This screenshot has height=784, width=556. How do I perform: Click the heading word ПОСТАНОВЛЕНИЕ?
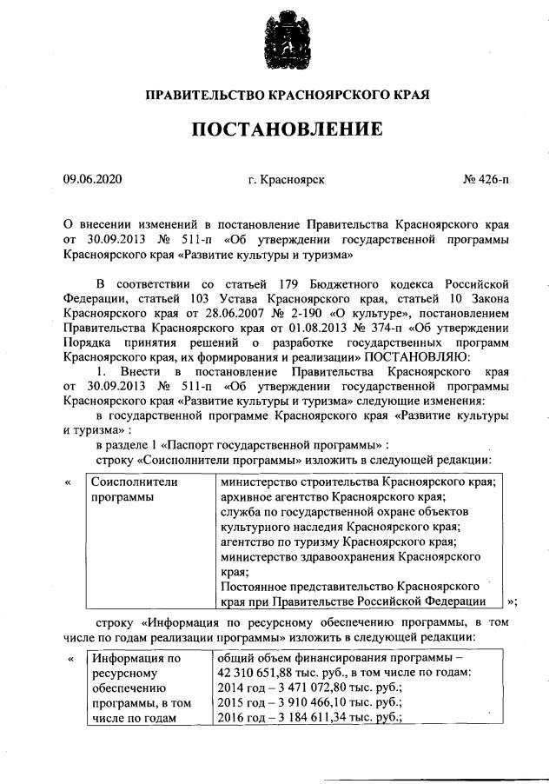coord(287,130)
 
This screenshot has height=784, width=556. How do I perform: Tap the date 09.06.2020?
coord(93,180)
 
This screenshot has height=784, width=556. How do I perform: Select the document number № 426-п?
coord(486,180)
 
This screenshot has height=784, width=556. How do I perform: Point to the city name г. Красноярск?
coord(286,180)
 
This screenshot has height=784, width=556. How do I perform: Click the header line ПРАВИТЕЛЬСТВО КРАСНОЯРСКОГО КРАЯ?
coord(287,93)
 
